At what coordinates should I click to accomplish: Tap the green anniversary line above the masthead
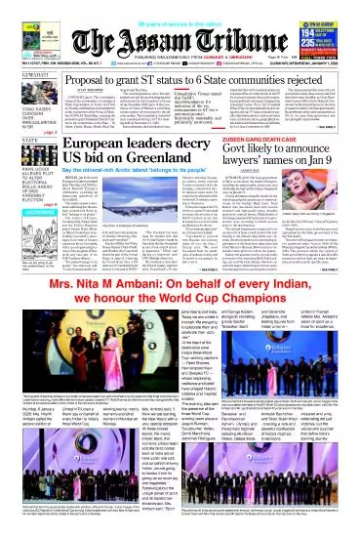tap(180, 8)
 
